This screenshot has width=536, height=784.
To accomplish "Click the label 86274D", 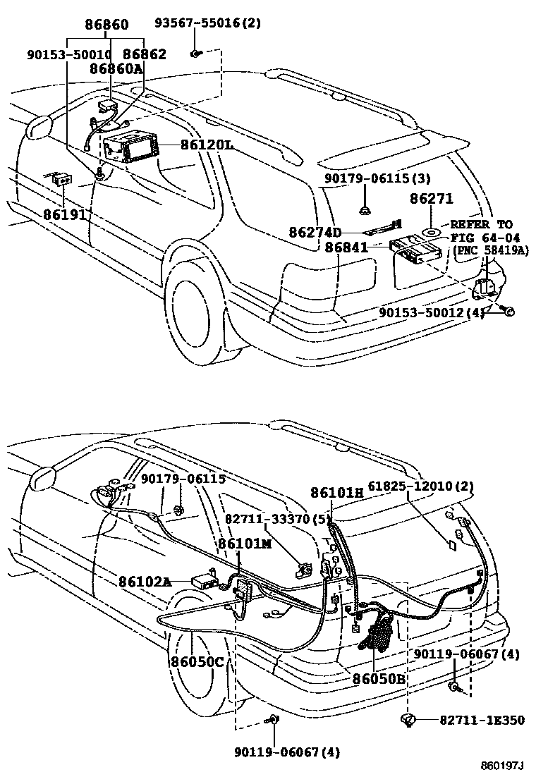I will [x=315, y=232].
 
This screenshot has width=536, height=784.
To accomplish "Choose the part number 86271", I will [x=432, y=200].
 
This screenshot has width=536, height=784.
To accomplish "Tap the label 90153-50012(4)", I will [x=432, y=312].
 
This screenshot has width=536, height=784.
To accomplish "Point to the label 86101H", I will [x=337, y=493].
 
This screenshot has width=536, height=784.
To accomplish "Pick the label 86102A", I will [x=145, y=582].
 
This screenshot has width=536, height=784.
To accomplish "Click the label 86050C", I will [x=197, y=661].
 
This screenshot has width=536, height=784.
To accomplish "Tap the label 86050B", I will [x=378, y=679].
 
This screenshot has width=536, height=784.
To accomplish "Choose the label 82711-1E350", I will [x=482, y=720].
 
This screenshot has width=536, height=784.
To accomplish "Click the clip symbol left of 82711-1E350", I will [x=408, y=719].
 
